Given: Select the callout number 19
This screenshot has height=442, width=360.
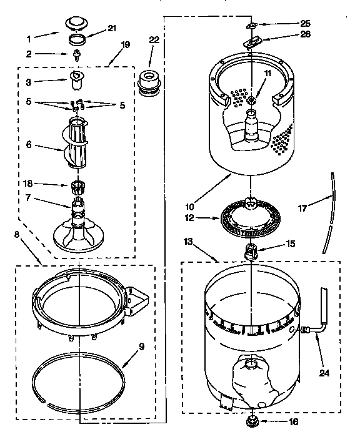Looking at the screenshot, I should [125, 44].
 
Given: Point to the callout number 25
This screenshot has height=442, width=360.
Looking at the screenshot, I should [287, 23].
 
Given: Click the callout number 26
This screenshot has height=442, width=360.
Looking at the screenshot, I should [287, 35].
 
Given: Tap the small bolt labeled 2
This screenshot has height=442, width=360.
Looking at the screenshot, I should [77, 55].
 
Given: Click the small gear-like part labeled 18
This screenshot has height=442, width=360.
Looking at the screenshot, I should [78, 185].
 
